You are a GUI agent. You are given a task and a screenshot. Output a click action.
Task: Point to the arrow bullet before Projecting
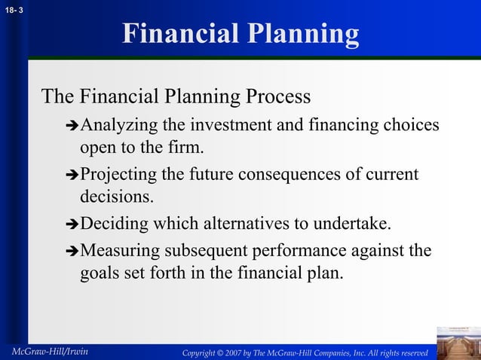72,175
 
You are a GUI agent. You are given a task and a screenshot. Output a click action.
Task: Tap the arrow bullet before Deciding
72,225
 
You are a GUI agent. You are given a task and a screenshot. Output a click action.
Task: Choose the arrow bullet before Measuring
72,251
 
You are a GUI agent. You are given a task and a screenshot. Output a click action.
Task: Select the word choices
411,124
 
